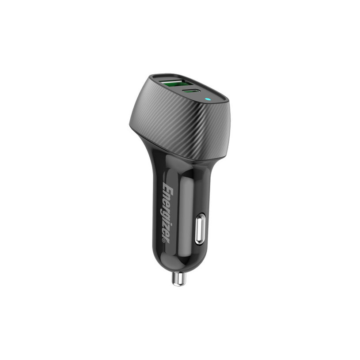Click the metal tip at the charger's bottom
point(179,278)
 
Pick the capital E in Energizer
point(167,187)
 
